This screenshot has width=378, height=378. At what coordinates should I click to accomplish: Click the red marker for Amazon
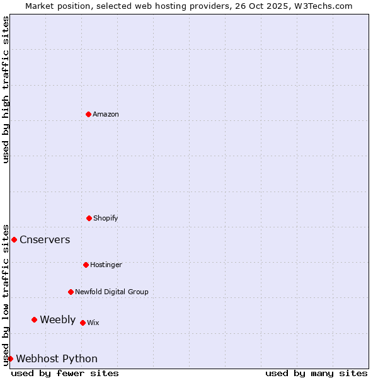click(x=88, y=114)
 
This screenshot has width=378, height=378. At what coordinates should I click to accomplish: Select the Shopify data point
click(x=89, y=218)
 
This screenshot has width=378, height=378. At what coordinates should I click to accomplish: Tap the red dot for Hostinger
click(x=86, y=265)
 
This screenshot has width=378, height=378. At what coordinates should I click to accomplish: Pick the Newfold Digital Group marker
click(x=71, y=292)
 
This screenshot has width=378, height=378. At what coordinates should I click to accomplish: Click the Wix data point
click(x=83, y=323)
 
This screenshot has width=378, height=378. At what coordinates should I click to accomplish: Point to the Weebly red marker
click(x=34, y=319)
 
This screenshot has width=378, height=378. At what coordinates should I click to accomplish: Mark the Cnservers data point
click(x=14, y=239)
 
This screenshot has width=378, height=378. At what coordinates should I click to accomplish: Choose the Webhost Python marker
click(x=10, y=358)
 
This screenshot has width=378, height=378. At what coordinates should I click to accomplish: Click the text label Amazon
click(x=106, y=114)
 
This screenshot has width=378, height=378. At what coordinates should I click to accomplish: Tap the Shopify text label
click(x=106, y=218)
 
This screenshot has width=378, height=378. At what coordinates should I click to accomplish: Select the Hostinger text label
click(x=106, y=265)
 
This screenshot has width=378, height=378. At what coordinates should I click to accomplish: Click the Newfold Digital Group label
click(x=112, y=292)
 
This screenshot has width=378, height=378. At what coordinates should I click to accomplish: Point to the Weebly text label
click(x=57, y=319)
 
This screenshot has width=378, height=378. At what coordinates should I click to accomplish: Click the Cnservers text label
click(x=45, y=239)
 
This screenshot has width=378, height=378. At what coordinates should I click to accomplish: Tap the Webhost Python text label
click(x=57, y=358)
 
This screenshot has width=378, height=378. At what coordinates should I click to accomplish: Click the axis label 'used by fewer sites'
click(x=65, y=373)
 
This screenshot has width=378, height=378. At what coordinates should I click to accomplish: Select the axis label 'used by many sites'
click(x=316, y=373)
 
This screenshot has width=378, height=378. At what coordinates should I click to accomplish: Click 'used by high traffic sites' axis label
click(x=6, y=89)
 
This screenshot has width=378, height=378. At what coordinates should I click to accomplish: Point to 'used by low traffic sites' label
click(x=6, y=294)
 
